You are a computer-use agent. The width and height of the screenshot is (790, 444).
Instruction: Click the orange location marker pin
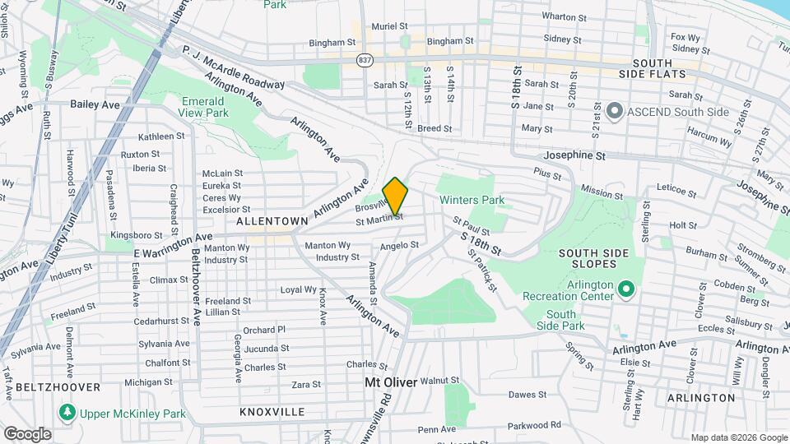coord(396,196)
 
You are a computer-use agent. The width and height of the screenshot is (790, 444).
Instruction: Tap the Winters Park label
coord(472,200)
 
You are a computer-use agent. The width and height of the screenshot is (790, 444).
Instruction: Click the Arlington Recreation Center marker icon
coord(625,289)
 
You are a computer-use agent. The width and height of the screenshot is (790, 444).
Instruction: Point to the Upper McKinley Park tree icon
coord(65,412)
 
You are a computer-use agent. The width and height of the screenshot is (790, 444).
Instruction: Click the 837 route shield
coord(365,60)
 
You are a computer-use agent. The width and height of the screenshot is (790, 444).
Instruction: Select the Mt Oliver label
coord(391,382)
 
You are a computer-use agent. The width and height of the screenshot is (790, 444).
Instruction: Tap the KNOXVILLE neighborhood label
coord(272,411)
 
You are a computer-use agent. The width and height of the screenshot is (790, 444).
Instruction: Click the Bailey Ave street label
coord(95,104)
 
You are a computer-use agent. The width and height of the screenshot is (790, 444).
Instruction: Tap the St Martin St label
coord(379,219)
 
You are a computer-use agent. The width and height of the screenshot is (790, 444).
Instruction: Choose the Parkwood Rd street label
coord(533,425)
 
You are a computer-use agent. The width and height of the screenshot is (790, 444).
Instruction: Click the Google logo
coord(27,433)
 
